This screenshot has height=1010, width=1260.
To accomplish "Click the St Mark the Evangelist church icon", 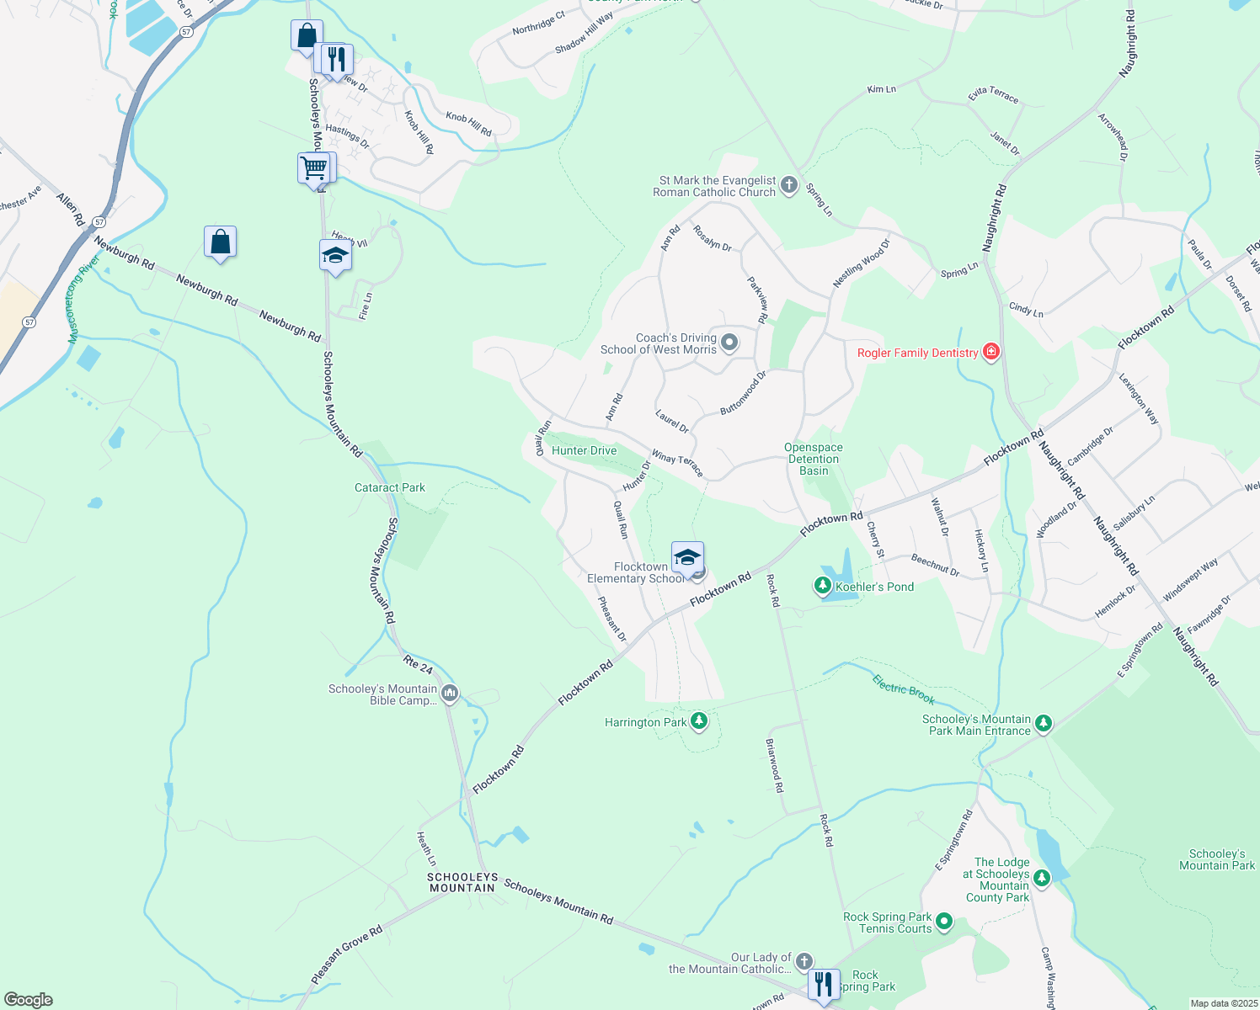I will coord(788,185).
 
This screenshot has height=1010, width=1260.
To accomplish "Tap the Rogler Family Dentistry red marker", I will coord(991,352).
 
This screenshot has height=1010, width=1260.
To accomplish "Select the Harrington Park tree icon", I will coord(698,721).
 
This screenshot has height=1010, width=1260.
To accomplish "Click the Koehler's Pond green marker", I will coord(823,586).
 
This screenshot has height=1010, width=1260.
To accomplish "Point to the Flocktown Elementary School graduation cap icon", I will coord(687,557).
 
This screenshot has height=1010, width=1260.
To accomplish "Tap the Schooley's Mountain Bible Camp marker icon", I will coord(450,694).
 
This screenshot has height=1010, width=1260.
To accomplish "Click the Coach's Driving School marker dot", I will coord(729,343).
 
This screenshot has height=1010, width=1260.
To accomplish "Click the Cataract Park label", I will coord(390,487).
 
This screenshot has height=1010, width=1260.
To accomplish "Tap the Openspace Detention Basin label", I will coord(814,459).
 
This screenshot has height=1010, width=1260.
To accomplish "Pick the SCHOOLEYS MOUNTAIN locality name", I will coord(462,882).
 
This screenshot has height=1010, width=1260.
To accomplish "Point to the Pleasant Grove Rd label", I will coord(347,954).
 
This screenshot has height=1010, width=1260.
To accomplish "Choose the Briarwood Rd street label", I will coord(774,766).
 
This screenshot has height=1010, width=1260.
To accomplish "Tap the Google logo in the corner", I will coord(29,999).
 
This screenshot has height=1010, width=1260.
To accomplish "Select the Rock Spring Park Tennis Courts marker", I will coord(944,922).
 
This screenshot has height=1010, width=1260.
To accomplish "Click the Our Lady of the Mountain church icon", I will coord(804,961).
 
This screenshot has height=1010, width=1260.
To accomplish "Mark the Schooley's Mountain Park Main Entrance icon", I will coord(1044,724).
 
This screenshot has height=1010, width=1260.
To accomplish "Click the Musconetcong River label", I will coord(84,300).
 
